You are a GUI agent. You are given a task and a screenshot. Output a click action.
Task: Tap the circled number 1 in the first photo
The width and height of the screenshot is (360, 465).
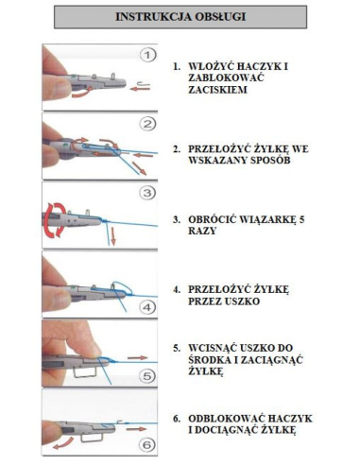[x=147, y=56]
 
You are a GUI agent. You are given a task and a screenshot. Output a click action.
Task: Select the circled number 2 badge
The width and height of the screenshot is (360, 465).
[x=147, y=124]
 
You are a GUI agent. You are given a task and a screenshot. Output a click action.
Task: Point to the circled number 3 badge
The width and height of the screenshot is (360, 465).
[x=147, y=193]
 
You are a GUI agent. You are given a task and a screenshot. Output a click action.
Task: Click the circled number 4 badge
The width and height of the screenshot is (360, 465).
[x=147, y=307]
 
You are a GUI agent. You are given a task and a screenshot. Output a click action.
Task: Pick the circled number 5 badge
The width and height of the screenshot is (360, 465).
[x=147, y=376]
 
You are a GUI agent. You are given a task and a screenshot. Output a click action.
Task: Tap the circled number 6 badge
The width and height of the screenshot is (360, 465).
[x=147, y=445]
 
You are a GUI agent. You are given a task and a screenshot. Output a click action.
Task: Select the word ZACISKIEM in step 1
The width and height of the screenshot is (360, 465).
[x=217, y=90]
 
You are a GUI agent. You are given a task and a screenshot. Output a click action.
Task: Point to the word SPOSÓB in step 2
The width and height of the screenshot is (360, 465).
[x=270, y=160]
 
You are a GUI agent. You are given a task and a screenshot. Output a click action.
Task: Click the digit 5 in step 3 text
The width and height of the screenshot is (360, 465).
[x=301, y=219]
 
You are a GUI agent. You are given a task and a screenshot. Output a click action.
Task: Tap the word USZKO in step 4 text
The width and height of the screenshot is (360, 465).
[x=242, y=301]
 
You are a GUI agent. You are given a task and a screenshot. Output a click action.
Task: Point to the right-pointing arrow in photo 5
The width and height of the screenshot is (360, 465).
[x=138, y=358]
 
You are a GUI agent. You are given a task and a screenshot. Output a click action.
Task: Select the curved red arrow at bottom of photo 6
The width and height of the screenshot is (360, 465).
[x=63, y=442]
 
